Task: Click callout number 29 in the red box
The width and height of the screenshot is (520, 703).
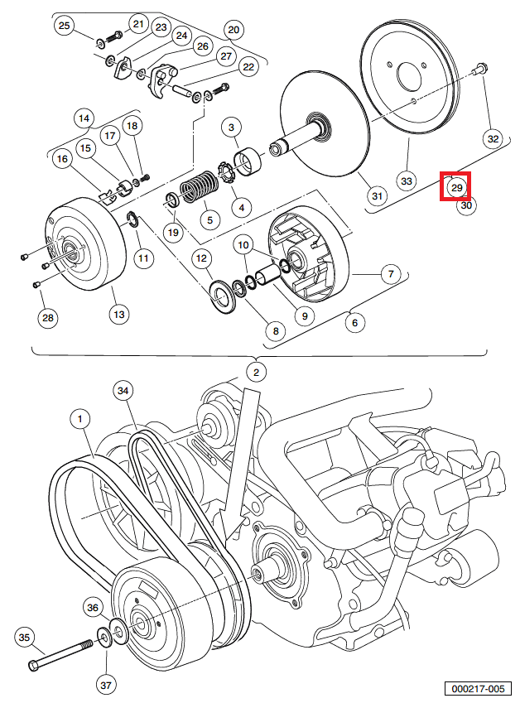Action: [x=455, y=187]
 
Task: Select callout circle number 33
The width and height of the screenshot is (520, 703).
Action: [x=407, y=181]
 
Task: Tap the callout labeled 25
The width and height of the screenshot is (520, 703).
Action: [x=65, y=26]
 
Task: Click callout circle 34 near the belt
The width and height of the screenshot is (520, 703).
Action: [x=123, y=390]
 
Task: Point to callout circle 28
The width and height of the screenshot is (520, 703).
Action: [x=47, y=317]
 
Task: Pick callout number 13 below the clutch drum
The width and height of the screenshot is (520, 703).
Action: [x=118, y=314]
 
